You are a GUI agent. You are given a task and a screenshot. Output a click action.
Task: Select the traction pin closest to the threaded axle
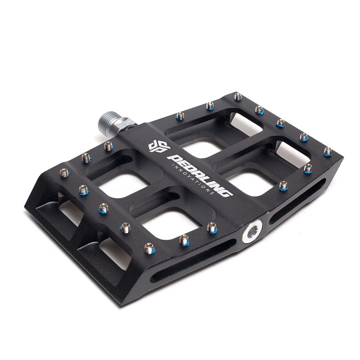tap(108, 145)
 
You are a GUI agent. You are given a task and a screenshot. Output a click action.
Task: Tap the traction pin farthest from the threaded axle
tap(328, 151)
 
